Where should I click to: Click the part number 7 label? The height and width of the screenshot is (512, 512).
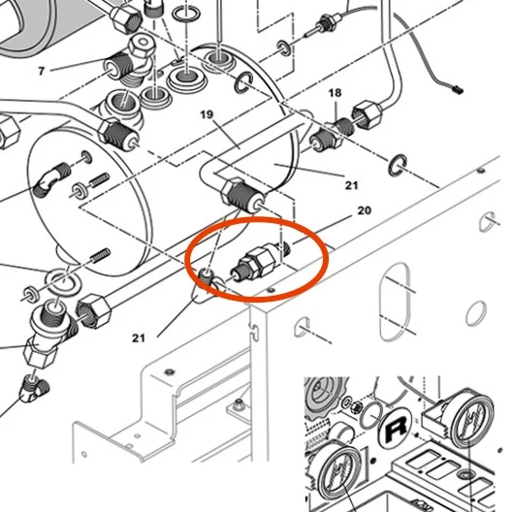pos(41,71)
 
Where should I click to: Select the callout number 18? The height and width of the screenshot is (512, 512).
pos(335,93)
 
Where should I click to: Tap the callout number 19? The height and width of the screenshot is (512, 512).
pos(207,114)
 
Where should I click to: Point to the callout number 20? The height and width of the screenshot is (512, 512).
pos(365,210)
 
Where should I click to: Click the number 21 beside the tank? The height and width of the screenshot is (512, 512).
pos(351,185)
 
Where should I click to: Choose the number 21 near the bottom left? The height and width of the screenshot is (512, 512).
pos(139,338)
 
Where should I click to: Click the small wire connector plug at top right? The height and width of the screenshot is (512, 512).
pos(458,89)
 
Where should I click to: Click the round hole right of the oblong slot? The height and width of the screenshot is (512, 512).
pos(475,313)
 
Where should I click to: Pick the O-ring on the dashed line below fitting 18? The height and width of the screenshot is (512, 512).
pos(398,165)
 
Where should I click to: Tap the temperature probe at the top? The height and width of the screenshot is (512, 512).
pos(323,23)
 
